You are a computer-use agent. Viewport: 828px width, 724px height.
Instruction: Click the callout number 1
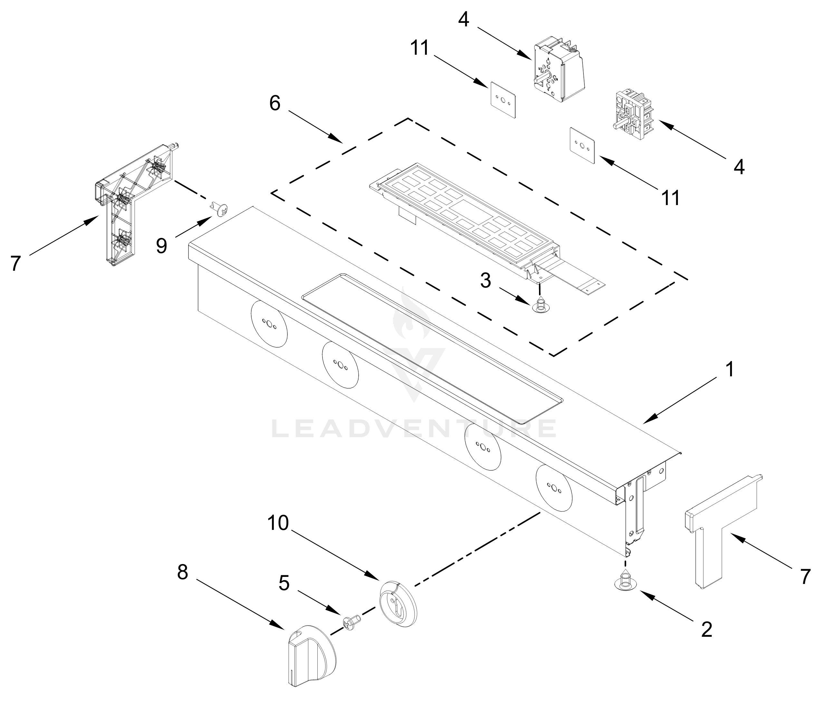pyautogui.click(x=729, y=370)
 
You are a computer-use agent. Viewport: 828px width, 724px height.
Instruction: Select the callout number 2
pyautogui.click(x=706, y=629)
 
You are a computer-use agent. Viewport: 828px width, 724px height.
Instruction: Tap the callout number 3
pyautogui.click(x=485, y=280)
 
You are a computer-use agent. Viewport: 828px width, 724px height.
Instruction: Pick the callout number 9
pyautogui.click(x=161, y=246)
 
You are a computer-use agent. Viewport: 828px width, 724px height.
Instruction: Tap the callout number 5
pyautogui.click(x=284, y=583)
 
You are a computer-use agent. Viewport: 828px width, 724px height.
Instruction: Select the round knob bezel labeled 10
pyautogui.click(x=398, y=604)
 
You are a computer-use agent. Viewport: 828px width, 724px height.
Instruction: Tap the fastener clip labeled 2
pyautogui.click(x=625, y=580)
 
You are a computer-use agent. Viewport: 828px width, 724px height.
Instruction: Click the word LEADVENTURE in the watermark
pyautogui.click(x=413, y=429)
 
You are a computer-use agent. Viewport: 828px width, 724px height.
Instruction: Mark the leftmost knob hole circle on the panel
pyautogui.click(x=269, y=324)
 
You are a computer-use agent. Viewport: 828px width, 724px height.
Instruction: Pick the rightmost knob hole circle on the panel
pyautogui.click(x=554, y=488)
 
